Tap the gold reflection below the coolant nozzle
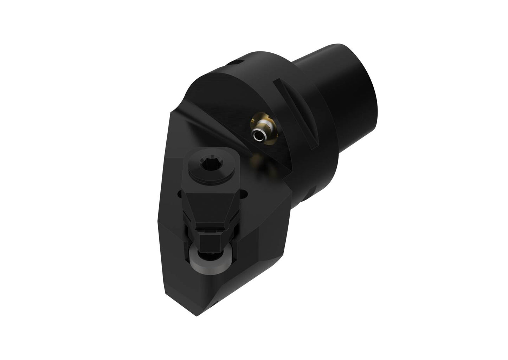click(258, 160)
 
